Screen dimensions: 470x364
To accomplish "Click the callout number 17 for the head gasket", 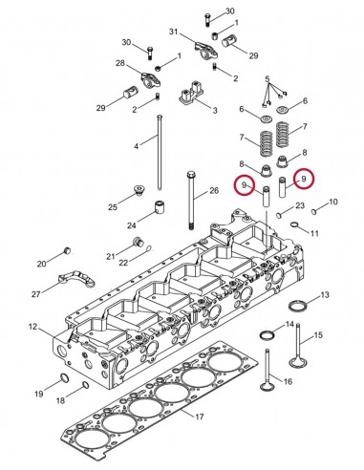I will click(x=199, y=416).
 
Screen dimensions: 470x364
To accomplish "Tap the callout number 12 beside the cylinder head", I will click(x=32, y=328).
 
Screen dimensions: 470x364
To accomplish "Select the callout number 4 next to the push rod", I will click(x=137, y=145).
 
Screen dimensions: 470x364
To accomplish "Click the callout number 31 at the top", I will click(x=174, y=33).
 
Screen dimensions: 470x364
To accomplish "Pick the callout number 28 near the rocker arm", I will click(x=121, y=63).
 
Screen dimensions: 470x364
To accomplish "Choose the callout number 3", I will click(x=213, y=112).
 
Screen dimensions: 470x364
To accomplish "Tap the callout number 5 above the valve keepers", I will click(x=268, y=77).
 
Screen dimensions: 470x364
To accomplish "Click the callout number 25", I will click(x=113, y=206).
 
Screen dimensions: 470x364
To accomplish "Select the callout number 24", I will click(x=131, y=225).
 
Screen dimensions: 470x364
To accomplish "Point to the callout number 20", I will click(x=41, y=264).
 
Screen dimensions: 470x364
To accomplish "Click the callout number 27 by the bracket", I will click(x=35, y=293).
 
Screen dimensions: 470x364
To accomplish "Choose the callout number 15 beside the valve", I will click(x=319, y=334).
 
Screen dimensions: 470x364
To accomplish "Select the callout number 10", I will click(x=333, y=202).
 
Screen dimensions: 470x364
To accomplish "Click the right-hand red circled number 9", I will click(x=304, y=179).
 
